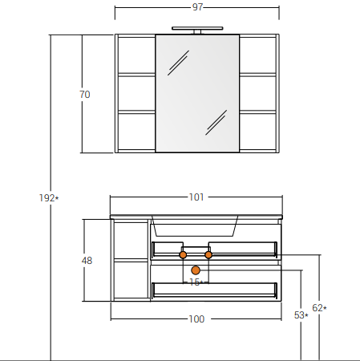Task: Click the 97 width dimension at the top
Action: [197, 7]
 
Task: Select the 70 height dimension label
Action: [85, 95]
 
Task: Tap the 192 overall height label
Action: [49, 198]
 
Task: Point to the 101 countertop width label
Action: [196, 197]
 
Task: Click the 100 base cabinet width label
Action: [196, 319]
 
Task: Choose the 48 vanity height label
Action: [87, 261]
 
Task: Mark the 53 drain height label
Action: [301, 315]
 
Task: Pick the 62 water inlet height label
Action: [319, 308]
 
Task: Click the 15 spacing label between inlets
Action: [196, 282]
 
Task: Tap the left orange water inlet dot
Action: [183, 255]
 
